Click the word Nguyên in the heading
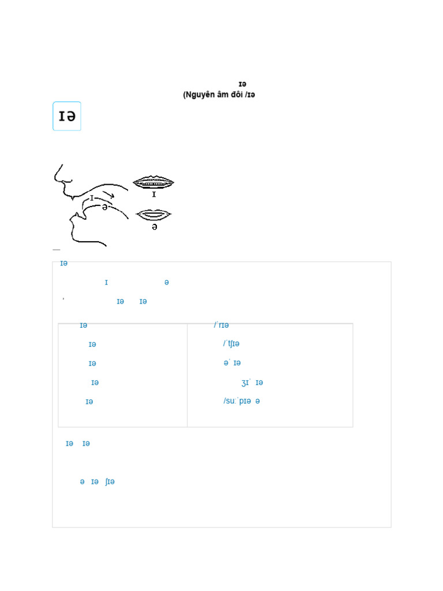point(200,95)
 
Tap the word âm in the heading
point(223,95)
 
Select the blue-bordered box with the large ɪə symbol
point(67,116)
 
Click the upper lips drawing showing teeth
point(153,182)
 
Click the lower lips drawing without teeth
point(154,215)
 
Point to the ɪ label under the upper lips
point(154,194)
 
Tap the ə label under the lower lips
point(154,227)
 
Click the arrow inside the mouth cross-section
point(108,194)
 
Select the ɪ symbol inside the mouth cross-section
point(92,198)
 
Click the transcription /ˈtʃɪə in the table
point(231,344)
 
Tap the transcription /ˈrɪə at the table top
point(221,326)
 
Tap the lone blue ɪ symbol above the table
point(106,282)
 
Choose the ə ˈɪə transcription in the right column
point(232,363)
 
